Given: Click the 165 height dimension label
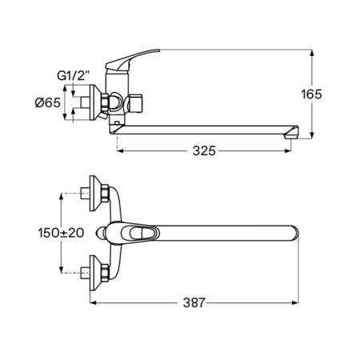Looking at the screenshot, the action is [311, 94].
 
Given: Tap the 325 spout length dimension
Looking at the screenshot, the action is [204, 151].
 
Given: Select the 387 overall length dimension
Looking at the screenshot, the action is [194, 302].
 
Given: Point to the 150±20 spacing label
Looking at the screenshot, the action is [61, 233].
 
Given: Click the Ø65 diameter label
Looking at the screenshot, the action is [48, 102].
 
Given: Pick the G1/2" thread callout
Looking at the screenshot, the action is [73, 76].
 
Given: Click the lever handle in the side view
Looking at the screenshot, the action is [133, 59].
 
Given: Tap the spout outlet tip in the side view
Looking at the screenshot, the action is [291, 133].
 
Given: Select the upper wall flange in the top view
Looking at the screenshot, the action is [95, 193].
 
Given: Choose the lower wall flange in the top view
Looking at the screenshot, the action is [95, 273].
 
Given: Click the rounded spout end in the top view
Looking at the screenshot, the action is [294, 233].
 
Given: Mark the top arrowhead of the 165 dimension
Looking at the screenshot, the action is [311, 53].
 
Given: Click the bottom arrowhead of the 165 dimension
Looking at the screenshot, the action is [311, 136].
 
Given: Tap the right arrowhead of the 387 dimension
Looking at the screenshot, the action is [295, 302].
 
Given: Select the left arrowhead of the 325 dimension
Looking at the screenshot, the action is [120, 151].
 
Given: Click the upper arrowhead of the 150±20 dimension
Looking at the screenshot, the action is [61, 197].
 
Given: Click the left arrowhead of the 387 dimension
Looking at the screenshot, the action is [93, 302].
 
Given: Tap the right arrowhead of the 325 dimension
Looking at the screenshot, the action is [288, 151].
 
